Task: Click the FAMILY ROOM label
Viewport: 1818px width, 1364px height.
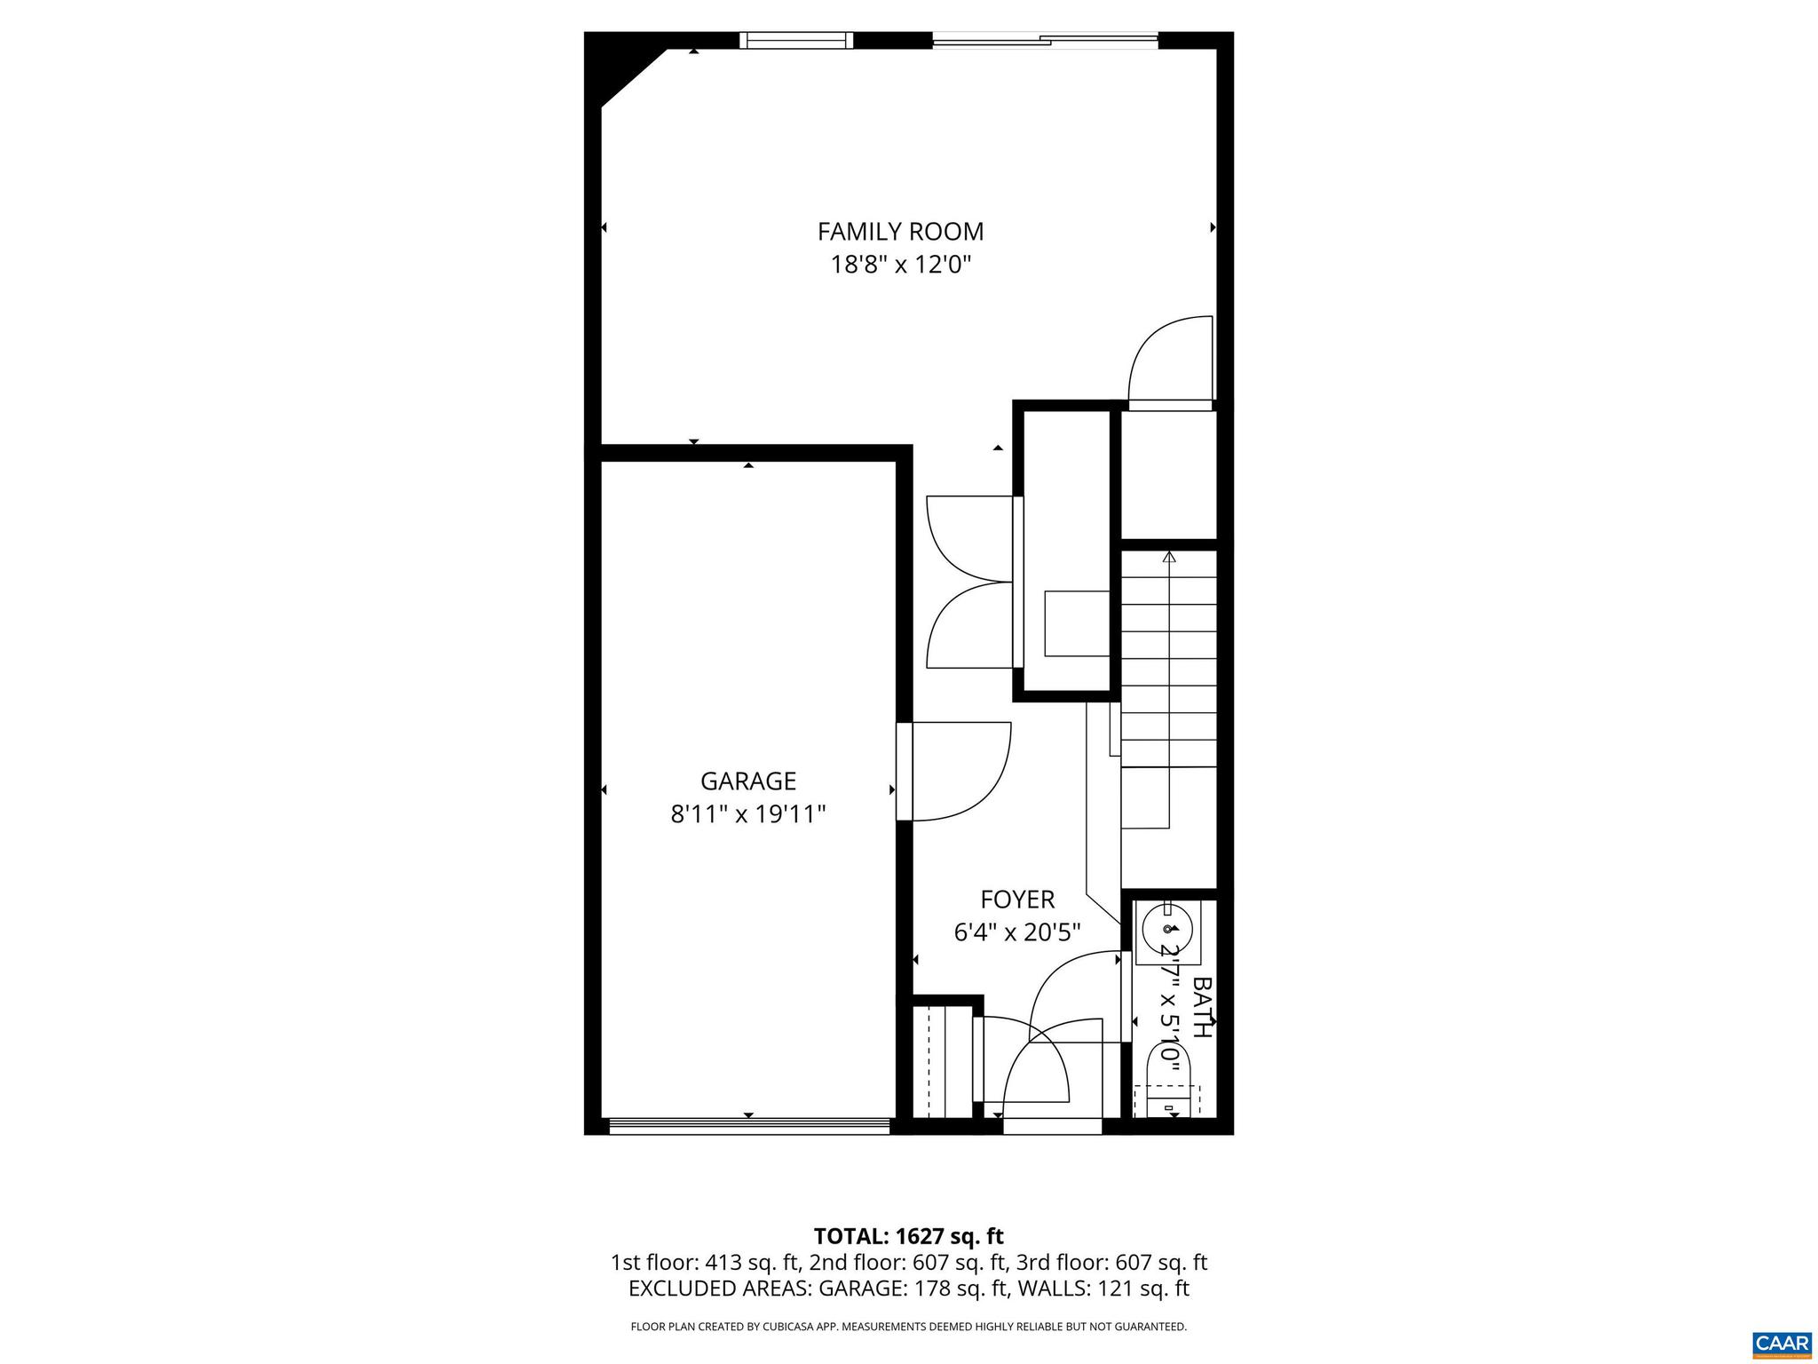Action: coord(900,232)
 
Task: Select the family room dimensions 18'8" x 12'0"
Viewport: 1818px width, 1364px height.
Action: coord(900,265)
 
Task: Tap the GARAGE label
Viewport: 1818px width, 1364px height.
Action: coord(748,781)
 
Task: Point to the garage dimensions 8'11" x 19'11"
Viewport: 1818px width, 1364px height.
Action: coord(748,814)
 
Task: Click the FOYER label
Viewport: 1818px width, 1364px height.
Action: coord(1017,900)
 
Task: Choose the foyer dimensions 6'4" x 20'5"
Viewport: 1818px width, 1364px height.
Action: coord(1017,933)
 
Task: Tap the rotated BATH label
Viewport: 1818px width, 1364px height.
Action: coord(1201,1007)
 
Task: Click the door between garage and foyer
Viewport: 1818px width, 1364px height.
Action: coord(905,771)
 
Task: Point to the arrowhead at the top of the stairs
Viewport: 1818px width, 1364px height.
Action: coord(1169,557)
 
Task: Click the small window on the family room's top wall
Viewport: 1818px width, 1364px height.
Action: coord(795,40)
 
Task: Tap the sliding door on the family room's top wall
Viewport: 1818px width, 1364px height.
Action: coord(1045,39)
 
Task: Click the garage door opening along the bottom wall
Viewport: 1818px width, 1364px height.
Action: coord(748,1125)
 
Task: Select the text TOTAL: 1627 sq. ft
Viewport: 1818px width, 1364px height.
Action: coord(908,1236)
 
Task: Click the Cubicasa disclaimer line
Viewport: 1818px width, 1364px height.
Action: coord(908,1327)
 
